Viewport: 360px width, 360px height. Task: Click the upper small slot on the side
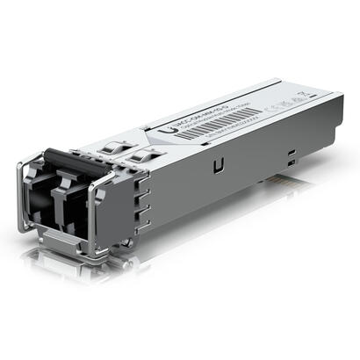[x=290, y=150]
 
